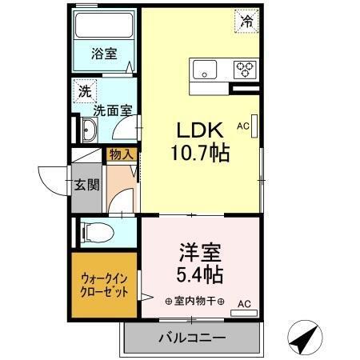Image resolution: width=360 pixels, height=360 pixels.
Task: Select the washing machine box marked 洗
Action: click(84, 92)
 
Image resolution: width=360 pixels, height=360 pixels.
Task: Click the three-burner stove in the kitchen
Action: click(245, 70)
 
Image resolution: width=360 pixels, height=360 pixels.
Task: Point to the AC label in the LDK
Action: click(243, 126)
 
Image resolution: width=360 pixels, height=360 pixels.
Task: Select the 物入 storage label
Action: click(122, 154)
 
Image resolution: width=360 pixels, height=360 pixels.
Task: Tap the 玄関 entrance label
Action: click(87, 186)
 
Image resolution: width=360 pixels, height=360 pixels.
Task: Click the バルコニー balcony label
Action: click(191, 338)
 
